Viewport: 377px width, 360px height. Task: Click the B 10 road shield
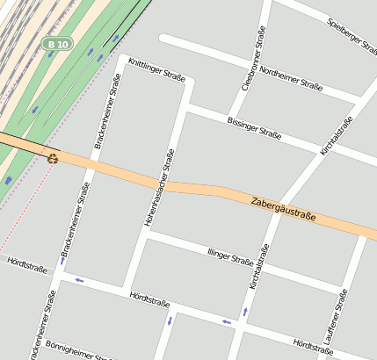(58, 43)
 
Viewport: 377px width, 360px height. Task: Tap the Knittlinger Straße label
(156, 71)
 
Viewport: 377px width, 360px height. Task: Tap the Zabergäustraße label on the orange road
(283, 210)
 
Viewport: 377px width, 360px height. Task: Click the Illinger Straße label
(230, 256)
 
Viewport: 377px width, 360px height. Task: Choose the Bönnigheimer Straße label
(78, 351)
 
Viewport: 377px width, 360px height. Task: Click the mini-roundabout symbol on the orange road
(54, 158)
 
